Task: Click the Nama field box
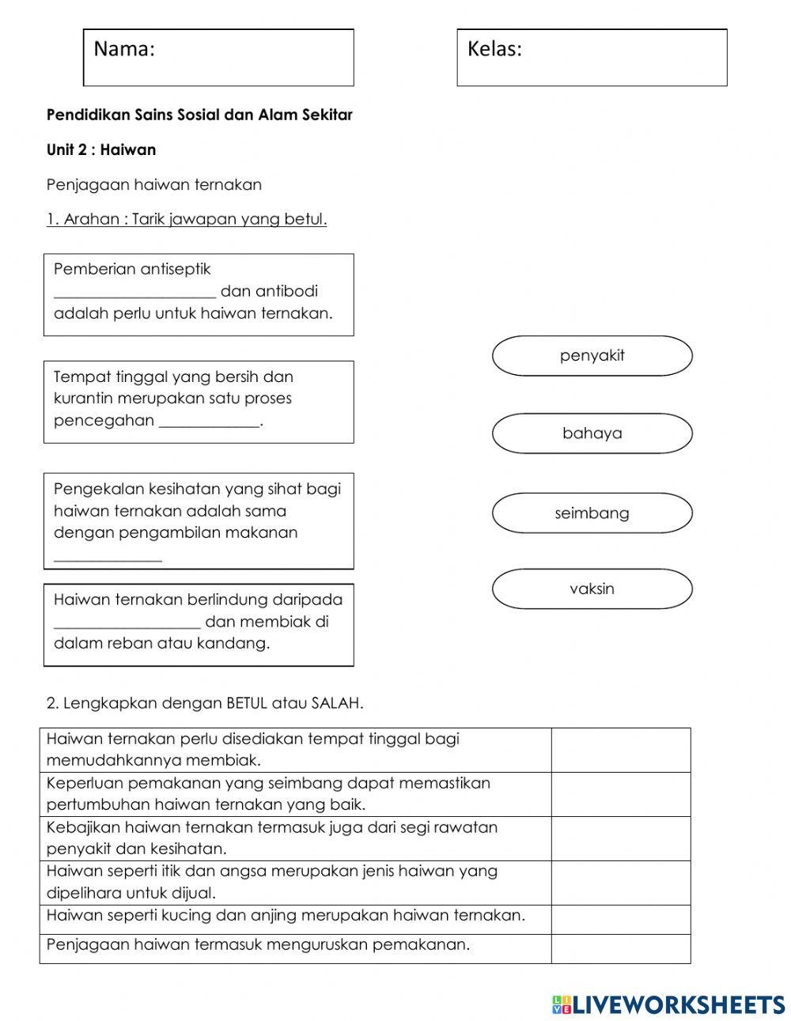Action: tap(218, 58)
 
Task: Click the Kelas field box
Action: tap(592, 58)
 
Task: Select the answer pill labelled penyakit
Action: tap(592, 356)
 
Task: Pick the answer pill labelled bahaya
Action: tap(592, 433)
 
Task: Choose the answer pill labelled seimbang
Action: tap(592, 513)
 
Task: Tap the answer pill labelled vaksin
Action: tap(592, 589)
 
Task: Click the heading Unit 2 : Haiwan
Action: tap(101, 150)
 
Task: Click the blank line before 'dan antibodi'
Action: tap(134, 293)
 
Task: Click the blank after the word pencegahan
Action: tap(210, 422)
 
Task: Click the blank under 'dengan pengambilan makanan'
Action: tap(108, 557)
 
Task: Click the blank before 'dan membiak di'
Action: tap(127, 623)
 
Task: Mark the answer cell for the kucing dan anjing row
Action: tap(620, 919)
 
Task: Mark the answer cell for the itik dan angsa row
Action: tap(620, 883)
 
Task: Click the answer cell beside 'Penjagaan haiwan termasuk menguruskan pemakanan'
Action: tap(620, 948)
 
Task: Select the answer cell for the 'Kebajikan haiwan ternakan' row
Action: tap(620, 838)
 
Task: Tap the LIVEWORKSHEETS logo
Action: tap(668, 1004)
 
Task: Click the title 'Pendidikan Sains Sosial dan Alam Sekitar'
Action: tap(199, 115)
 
